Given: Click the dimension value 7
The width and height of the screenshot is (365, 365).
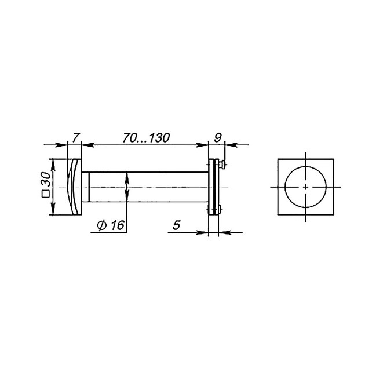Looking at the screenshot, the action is coord(76,137).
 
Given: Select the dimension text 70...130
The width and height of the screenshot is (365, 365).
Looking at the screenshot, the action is coord(147,138).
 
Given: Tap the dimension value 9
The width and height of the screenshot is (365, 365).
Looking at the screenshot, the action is coord(218,138).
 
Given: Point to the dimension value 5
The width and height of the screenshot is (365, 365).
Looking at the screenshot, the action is coord(177,225).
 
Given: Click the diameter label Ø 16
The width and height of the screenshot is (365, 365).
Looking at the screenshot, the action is coord(111,225).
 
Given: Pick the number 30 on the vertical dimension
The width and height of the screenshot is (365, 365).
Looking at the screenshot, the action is coord(46,179).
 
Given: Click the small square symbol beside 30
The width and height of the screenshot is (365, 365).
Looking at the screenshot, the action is coord(46,194).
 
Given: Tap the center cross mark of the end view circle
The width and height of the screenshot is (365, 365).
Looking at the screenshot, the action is coord(306,187).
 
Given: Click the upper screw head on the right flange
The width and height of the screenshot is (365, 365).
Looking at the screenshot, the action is coord(222,165).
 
